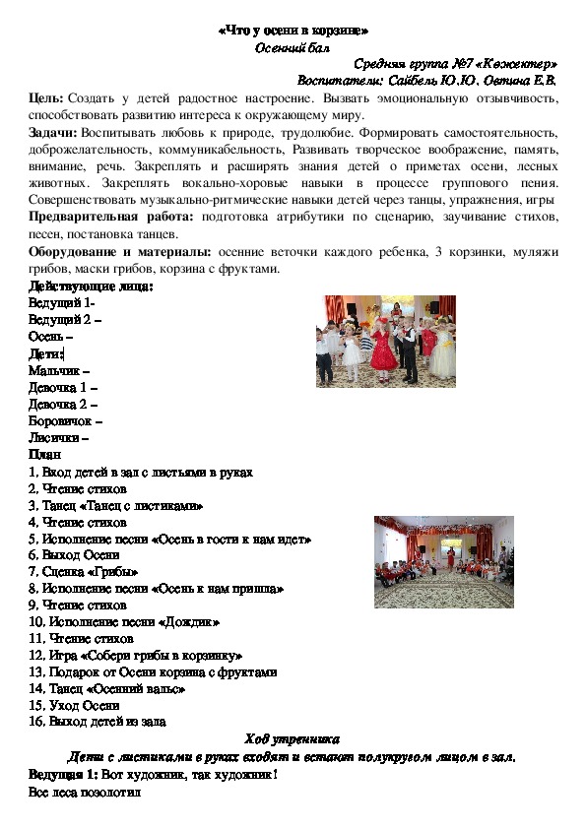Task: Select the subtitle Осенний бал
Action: click(292, 46)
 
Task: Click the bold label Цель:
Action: click(48, 98)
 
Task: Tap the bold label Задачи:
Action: click(54, 131)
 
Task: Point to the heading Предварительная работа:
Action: click(110, 216)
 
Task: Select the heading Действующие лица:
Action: click(91, 287)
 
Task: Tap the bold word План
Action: click(44, 455)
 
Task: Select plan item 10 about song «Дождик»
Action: click(124, 622)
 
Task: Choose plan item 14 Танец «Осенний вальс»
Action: click(107, 688)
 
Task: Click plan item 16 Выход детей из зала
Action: click(98, 722)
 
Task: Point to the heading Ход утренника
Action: click(292, 738)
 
